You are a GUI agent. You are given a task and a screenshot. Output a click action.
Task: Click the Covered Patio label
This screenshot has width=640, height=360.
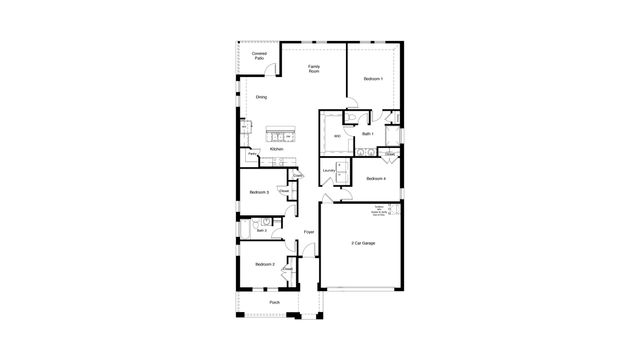259,57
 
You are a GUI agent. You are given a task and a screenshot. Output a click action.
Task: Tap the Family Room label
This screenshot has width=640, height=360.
314,70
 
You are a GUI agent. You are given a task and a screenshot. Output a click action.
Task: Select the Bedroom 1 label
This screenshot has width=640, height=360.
373,78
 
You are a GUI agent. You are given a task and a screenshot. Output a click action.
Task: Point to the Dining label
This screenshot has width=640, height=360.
261,97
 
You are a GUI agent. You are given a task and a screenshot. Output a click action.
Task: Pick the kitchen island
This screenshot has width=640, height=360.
281,135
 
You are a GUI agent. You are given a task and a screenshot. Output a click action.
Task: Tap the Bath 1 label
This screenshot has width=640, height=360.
367,133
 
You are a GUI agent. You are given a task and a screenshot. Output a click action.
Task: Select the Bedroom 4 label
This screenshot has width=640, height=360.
375,178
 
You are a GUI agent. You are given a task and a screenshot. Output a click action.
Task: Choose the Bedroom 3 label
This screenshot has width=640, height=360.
259,191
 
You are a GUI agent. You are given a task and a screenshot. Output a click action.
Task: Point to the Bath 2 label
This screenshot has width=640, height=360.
262,229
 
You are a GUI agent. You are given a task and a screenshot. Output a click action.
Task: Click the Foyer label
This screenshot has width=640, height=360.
309,231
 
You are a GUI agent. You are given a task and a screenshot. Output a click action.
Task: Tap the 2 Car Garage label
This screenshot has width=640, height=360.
363,243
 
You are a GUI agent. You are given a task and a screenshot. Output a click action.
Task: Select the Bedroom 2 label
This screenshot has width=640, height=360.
264,264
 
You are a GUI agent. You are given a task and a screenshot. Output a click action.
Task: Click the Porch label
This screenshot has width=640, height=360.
275,302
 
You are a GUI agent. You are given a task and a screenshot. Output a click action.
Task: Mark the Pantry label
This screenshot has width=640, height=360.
252,154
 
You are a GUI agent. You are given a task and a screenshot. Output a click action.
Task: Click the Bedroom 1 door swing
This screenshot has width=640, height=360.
353,98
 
